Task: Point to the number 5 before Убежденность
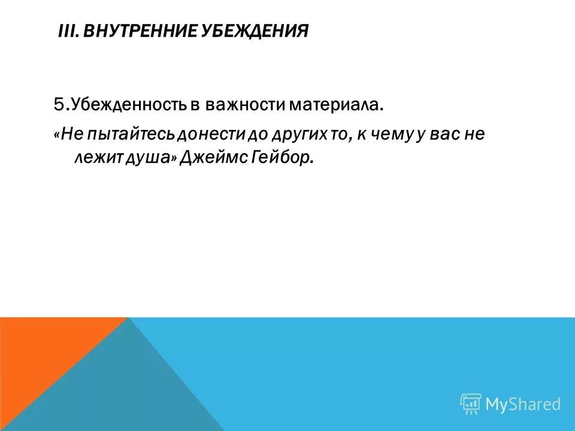59,105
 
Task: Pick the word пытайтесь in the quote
120,135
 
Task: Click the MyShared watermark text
523,404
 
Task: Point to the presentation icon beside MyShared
471,403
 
